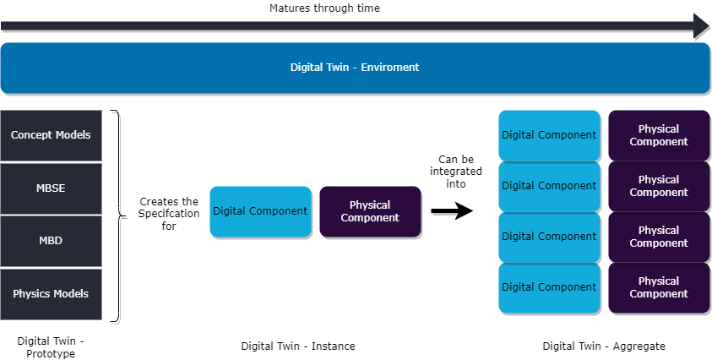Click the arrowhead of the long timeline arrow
click(x=701, y=25)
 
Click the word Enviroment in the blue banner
click(x=390, y=68)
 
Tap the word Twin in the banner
click(x=340, y=68)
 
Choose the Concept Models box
click(x=51, y=135)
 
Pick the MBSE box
click(x=51, y=188)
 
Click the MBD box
click(x=51, y=241)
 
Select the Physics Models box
click(x=51, y=294)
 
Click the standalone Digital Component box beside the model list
click(x=260, y=211)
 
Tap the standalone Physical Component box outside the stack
click(x=370, y=211)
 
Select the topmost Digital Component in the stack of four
click(x=549, y=135)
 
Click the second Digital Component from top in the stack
click(x=549, y=186)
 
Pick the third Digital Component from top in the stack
click(x=549, y=237)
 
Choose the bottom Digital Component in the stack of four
click(x=549, y=287)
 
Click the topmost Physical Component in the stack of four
click(x=659, y=135)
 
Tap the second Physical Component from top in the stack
click(x=659, y=186)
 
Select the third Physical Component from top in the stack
click(x=659, y=237)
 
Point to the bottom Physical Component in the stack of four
click(x=659, y=287)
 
